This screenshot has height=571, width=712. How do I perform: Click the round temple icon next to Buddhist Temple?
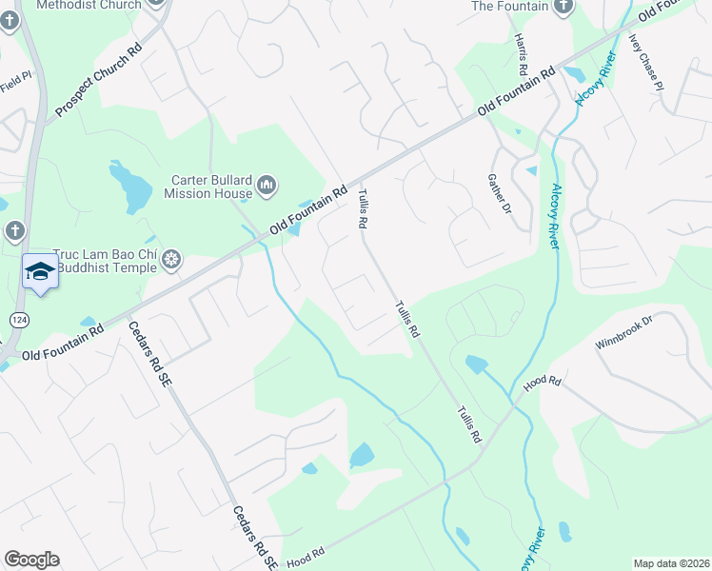171,259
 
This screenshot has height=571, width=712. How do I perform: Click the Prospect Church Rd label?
97,78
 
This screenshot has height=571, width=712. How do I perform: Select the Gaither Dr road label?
499,194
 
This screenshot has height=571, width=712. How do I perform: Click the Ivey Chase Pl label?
645,63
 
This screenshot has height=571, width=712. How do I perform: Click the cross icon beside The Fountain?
564,6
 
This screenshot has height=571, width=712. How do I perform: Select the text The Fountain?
510,6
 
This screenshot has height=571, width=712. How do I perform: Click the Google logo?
31,560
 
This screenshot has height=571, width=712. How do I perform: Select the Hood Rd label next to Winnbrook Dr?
543,384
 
